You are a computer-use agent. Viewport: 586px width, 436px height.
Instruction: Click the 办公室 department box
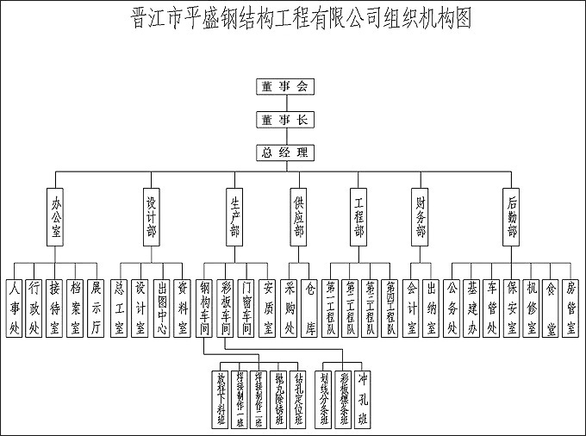click(x=56, y=216)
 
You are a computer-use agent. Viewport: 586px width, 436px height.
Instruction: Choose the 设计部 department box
click(x=152, y=216)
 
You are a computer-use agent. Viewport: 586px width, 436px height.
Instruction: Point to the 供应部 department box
click(x=299, y=216)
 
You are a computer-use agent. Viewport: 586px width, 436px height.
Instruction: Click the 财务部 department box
click(x=421, y=216)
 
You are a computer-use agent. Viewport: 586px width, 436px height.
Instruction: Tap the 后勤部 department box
click(x=513, y=216)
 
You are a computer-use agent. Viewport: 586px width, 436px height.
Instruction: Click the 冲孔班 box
click(x=364, y=396)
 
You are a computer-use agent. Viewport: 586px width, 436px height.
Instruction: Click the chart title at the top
click(x=292, y=18)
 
